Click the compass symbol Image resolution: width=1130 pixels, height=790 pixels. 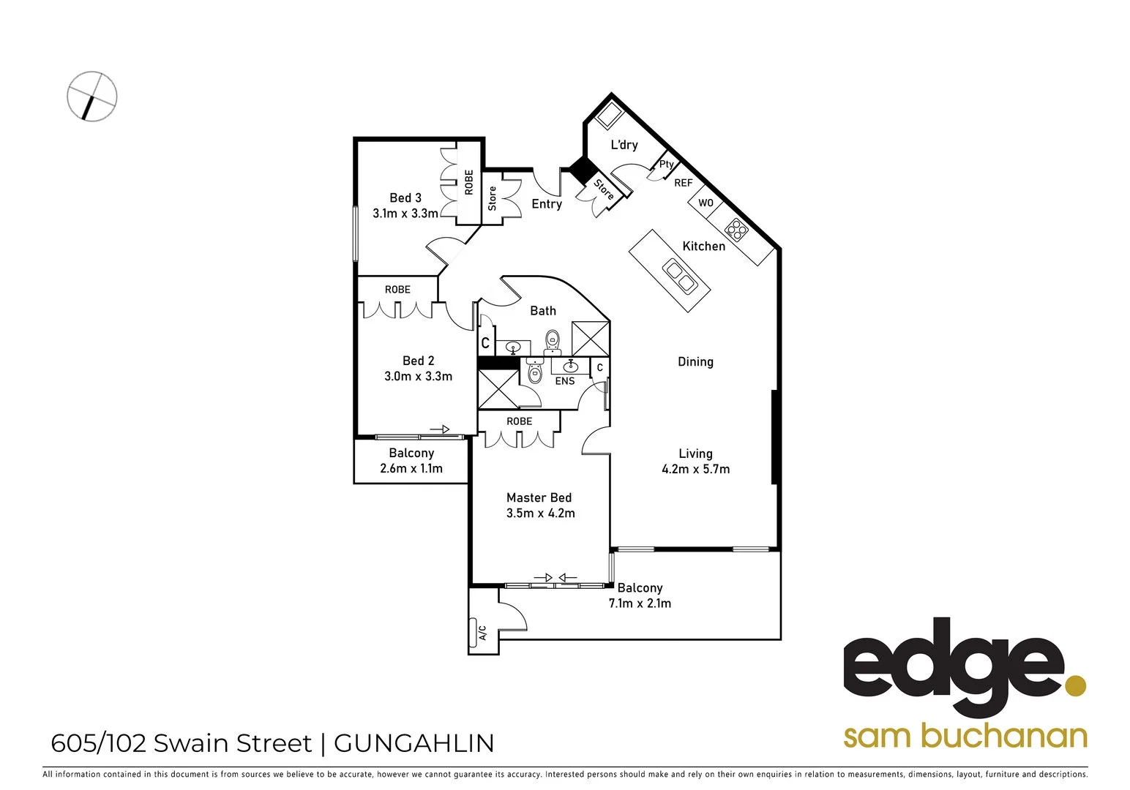click(92, 96)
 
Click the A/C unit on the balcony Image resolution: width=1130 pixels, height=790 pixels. click(482, 632)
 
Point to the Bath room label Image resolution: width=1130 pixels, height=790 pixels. click(543, 311)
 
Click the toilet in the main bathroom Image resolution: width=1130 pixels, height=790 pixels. click(553, 340)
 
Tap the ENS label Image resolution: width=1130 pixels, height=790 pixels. click(565, 381)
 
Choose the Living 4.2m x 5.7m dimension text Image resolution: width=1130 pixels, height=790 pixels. click(695, 470)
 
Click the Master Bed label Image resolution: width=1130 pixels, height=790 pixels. click(539, 497)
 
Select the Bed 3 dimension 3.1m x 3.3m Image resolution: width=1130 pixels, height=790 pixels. click(405, 214)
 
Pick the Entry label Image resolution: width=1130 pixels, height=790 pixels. click(547, 204)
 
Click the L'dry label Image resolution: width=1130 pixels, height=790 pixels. click(624, 145)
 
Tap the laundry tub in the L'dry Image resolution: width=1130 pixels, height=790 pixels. click(608, 115)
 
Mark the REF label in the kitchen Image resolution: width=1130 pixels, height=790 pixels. click(683, 183)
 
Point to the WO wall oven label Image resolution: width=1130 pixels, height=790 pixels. click(706, 203)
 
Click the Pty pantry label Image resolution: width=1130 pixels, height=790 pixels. click(666, 164)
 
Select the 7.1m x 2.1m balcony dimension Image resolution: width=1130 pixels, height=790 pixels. click(640, 603)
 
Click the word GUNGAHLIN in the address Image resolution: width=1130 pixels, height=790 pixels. click(414, 743)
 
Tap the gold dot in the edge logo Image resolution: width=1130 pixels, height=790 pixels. click(1075, 686)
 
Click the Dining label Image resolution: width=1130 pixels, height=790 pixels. click(695, 361)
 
